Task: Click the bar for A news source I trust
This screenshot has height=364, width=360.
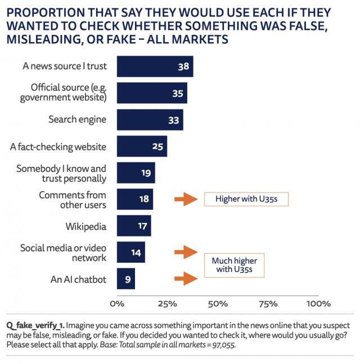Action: click(x=155, y=66)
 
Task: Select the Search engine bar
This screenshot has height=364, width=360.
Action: click(x=150, y=120)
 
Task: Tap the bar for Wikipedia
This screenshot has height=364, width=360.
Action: click(x=134, y=226)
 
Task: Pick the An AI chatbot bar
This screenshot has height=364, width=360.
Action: click(x=126, y=279)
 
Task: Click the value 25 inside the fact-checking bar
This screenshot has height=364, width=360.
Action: click(x=157, y=147)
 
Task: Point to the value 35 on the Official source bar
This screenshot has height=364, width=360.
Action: click(x=178, y=93)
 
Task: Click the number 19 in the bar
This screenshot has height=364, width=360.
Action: click(x=146, y=173)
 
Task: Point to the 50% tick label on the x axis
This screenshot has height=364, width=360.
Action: click(x=218, y=304)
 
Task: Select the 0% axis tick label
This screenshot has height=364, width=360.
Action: click(x=116, y=304)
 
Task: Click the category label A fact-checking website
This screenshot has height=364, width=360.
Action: click(x=58, y=147)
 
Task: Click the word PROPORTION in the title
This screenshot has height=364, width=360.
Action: click(x=40, y=12)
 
